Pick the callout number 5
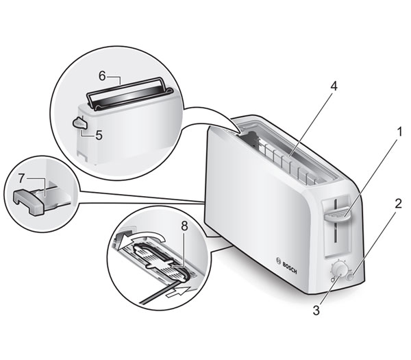point(99,136)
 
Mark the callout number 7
point(21,178)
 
